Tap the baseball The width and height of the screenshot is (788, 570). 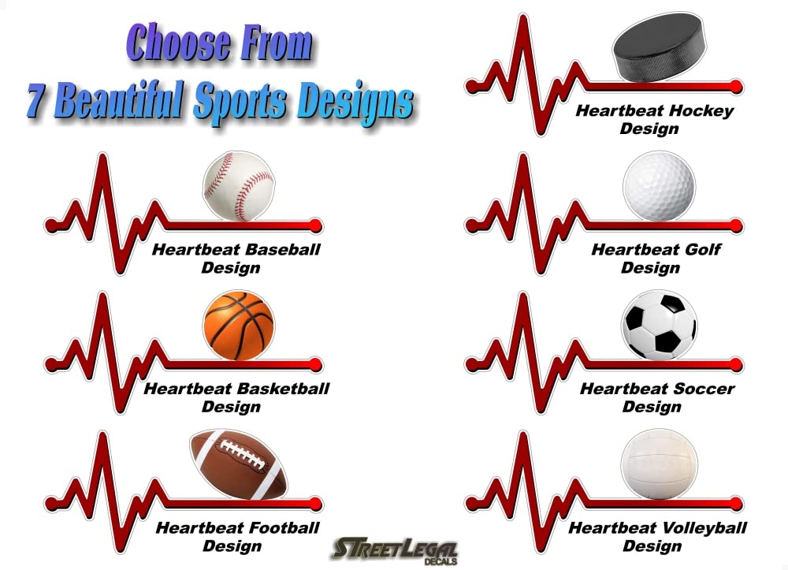pyautogui.click(x=240, y=187)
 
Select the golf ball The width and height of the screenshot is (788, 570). pyautogui.click(x=659, y=186)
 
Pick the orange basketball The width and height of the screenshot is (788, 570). pyautogui.click(x=240, y=326)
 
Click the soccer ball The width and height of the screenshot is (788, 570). pyautogui.click(x=659, y=326)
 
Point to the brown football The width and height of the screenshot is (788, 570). pyautogui.click(x=239, y=465)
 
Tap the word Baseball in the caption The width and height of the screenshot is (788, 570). pyautogui.click(x=284, y=249)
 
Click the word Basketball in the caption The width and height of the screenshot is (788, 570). pyautogui.click(x=283, y=389)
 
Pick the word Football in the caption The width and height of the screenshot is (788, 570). pyautogui.click(x=284, y=527)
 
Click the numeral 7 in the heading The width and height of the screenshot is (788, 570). pyautogui.click(x=35, y=99)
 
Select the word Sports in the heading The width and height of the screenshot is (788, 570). pyautogui.click(x=240, y=102)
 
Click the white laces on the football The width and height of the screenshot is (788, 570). pyautogui.click(x=243, y=454)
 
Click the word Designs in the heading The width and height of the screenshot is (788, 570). pyautogui.click(x=355, y=102)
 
